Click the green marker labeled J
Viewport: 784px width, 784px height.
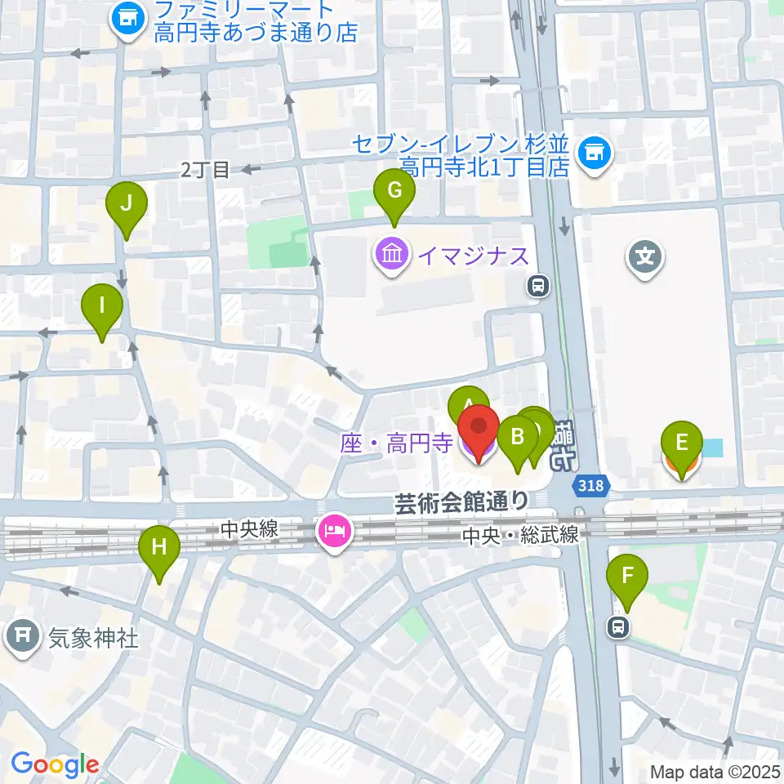pos(126,204)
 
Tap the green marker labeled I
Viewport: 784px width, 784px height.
pos(102,307)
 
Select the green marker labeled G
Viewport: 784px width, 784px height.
pos(394,192)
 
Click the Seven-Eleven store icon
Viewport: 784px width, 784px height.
pos(594,154)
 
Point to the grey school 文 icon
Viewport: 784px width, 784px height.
pos(645,259)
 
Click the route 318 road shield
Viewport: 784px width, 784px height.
pos(591,486)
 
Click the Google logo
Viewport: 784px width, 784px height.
pos(56,764)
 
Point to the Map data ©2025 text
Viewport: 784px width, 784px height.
pos(715,771)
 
